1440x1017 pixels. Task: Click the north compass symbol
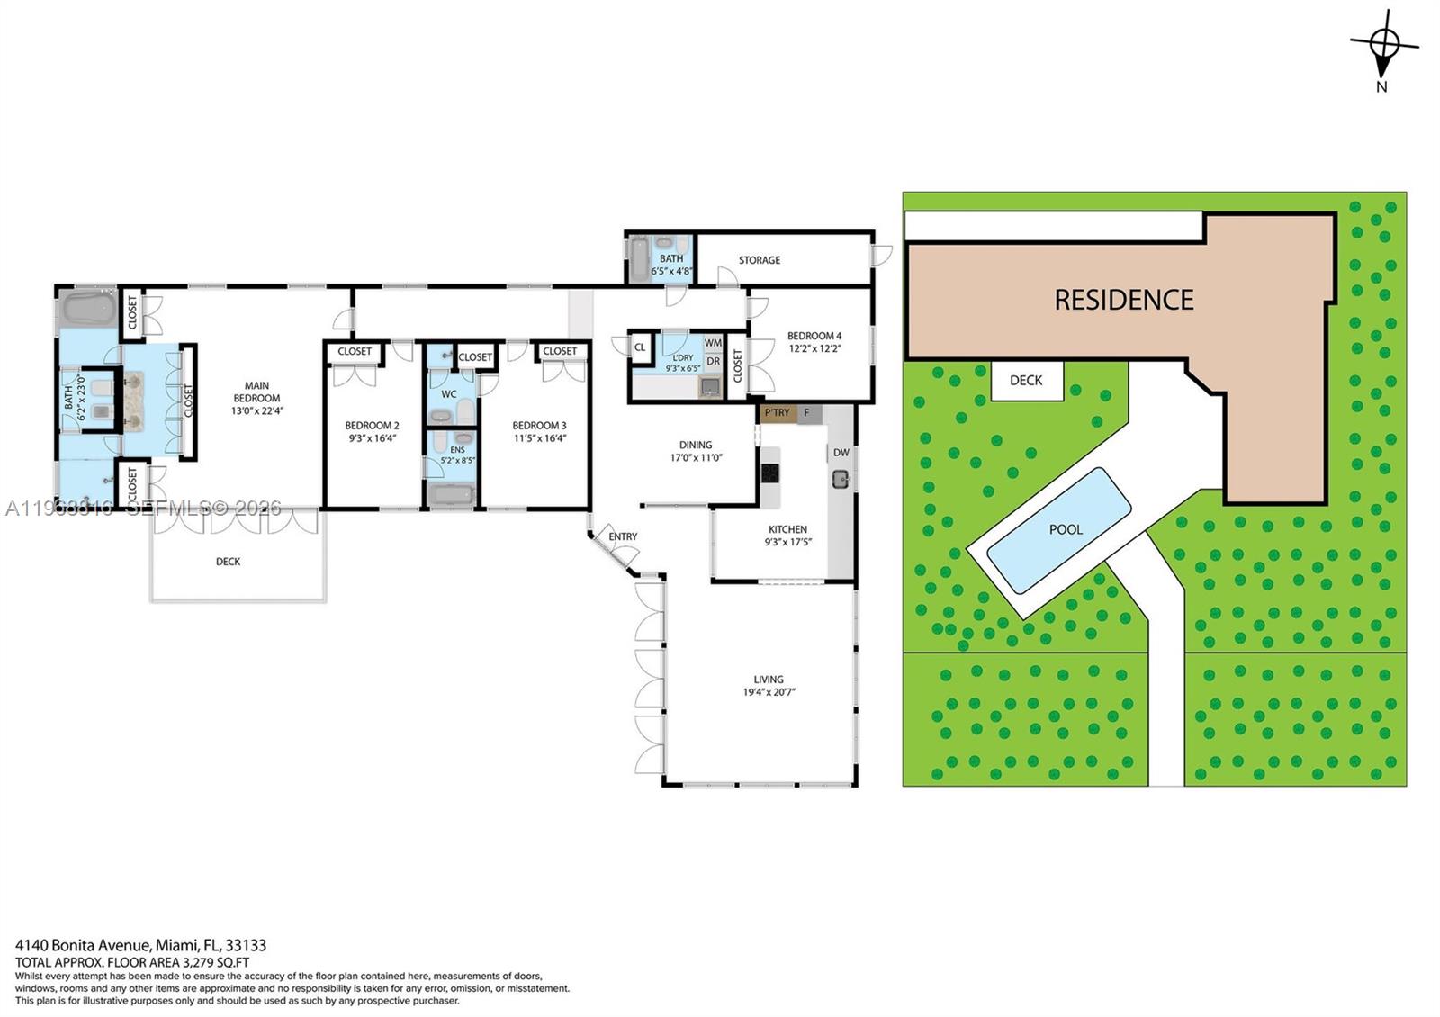[x=1384, y=42]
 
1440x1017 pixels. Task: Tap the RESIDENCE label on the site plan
[x=1123, y=300]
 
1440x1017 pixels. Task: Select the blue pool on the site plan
[x=1059, y=530]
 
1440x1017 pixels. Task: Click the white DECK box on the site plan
[x=1026, y=381]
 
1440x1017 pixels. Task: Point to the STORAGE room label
[x=759, y=260]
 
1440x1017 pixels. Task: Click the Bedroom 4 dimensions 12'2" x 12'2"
[x=814, y=348]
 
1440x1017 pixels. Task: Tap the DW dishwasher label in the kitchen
[x=841, y=453]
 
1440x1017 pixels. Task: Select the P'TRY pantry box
[x=777, y=413]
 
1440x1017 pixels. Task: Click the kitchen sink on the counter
[x=841, y=478]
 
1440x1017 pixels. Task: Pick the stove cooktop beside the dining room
[x=769, y=472]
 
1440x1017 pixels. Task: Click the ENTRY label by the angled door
[x=622, y=536]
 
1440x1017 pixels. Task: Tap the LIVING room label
[x=768, y=679]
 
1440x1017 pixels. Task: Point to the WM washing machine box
[x=713, y=343]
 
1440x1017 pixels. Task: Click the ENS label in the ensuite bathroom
[x=457, y=449]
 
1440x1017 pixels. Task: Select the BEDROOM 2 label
[x=372, y=426]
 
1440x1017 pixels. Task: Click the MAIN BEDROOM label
[x=256, y=391]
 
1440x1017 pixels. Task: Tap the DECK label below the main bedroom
[x=228, y=562]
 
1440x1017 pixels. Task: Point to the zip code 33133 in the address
[x=246, y=946]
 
